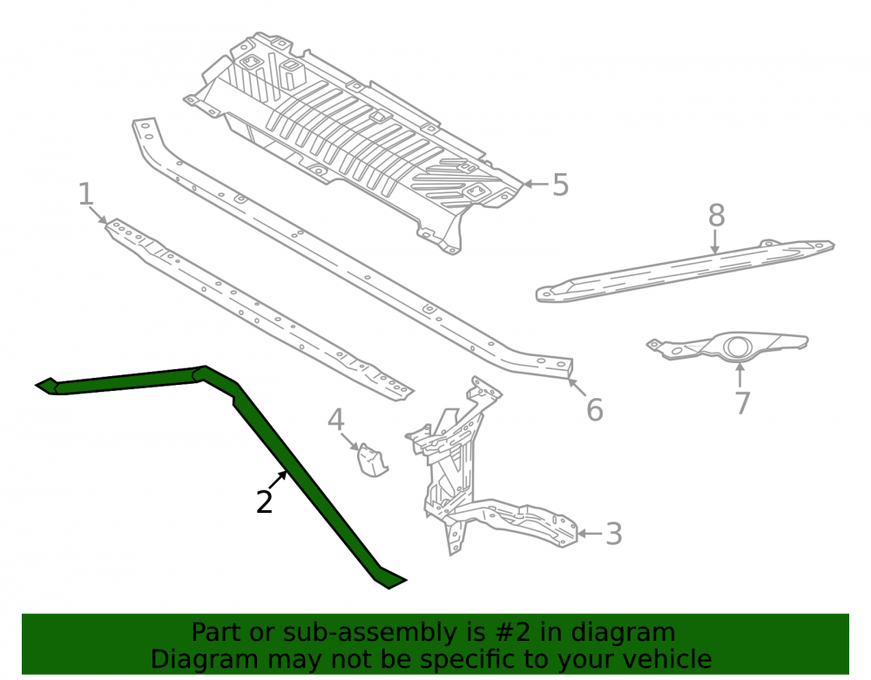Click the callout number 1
click(85, 194)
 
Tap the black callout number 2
click(265, 502)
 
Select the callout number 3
click(613, 534)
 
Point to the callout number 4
click(335, 420)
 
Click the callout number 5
click(560, 185)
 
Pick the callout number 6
click(594, 410)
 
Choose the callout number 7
click(743, 402)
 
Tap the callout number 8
click(717, 215)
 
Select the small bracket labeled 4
click(372, 460)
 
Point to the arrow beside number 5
click(536, 184)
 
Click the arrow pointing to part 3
click(590, 534)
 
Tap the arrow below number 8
click(715, 242)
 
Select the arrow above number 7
click(739, 374)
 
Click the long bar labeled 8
click(685, 271)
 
